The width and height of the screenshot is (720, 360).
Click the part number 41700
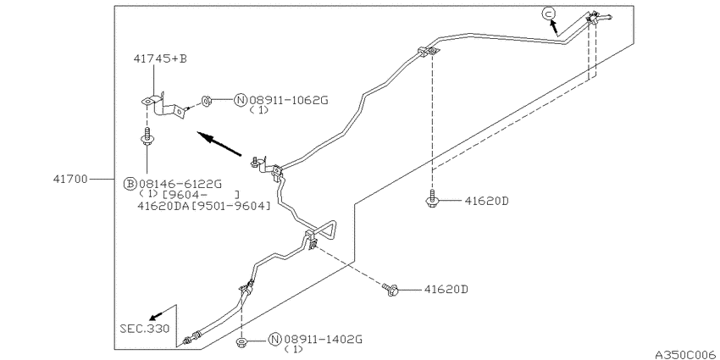(70, 179)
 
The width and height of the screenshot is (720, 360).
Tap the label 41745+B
(160, 58)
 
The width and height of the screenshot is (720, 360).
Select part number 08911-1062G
(289, 100)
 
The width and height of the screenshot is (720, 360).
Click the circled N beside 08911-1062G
(241, 100)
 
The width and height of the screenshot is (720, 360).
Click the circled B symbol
(130, 185)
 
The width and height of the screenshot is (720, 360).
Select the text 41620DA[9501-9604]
(204, 206)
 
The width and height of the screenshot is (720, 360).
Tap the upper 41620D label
(486, 201)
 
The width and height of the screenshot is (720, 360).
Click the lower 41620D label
(446, 290)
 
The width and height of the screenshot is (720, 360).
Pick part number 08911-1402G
(324, 340)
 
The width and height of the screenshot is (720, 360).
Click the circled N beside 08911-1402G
(274, 340)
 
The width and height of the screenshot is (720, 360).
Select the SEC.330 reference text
(145, 329)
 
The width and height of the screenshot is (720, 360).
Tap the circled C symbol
(548, 14)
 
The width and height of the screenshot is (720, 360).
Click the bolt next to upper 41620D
(432, 199)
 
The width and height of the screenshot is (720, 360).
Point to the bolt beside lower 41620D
(390, 290)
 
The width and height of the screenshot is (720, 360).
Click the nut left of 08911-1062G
(206, 101)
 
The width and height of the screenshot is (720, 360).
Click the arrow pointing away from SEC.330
(155, 315)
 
